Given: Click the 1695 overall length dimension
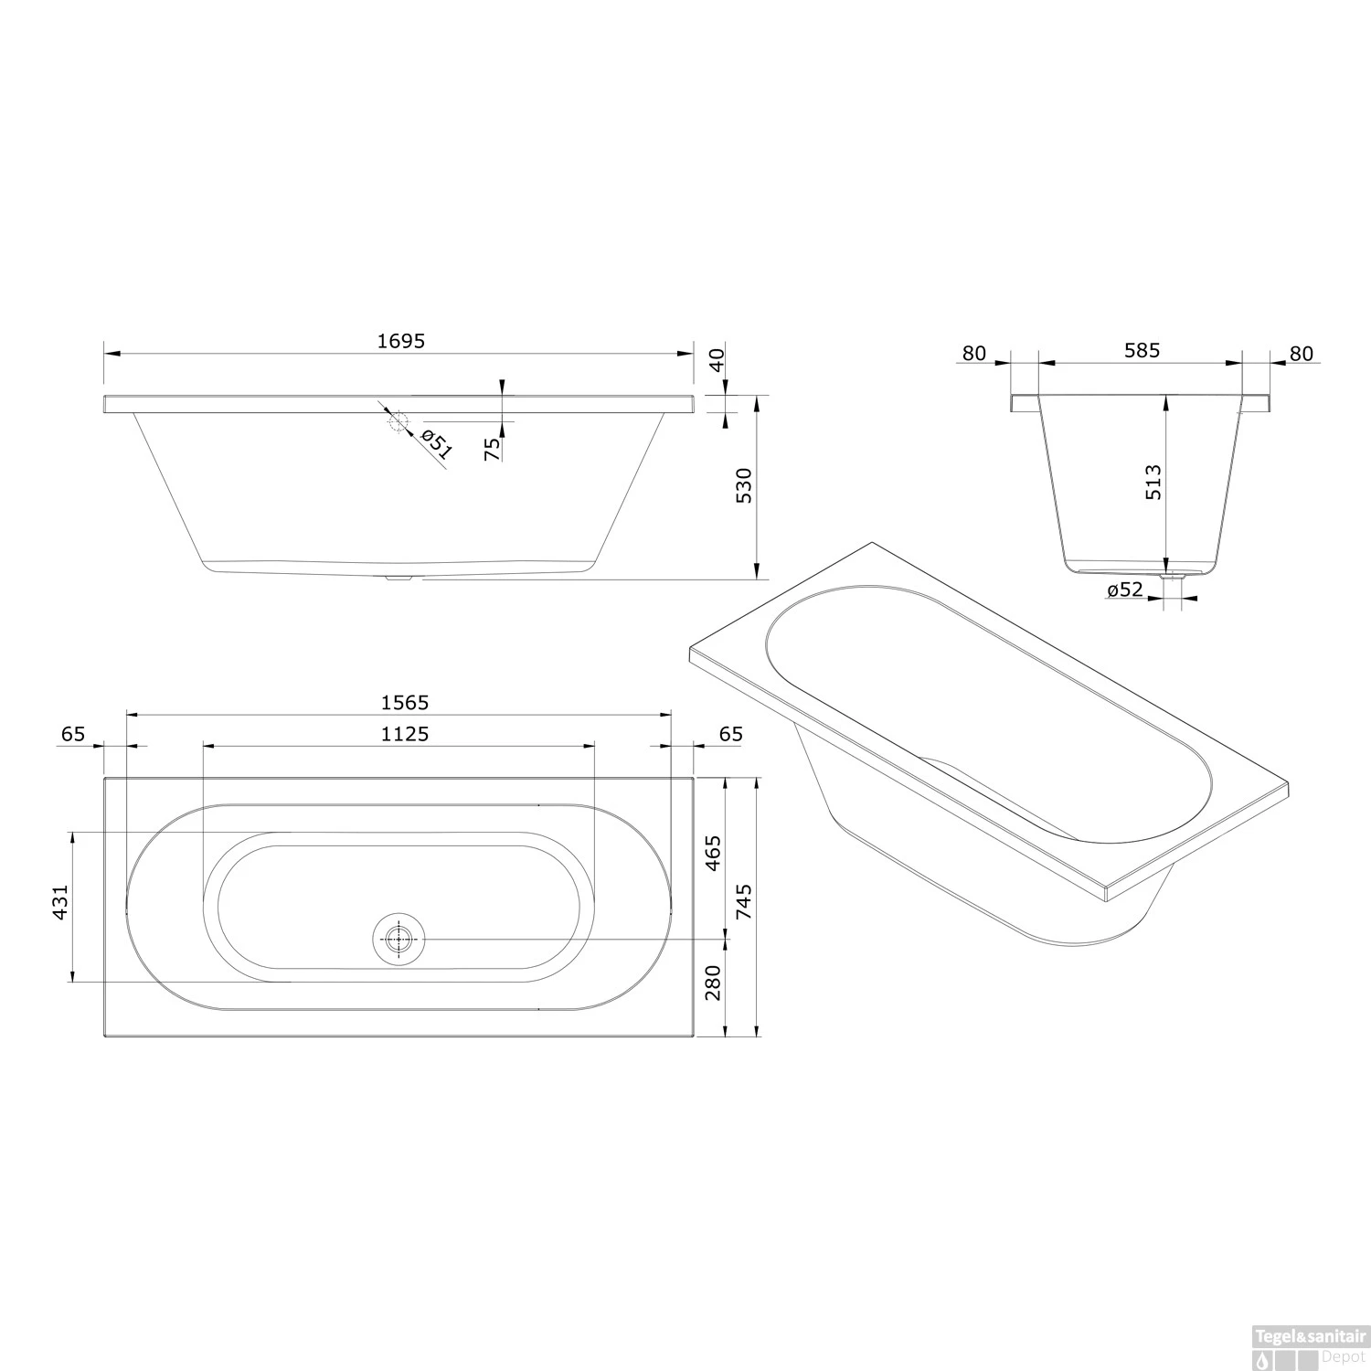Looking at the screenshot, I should point(401,341).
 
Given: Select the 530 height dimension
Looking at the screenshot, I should point(745,485).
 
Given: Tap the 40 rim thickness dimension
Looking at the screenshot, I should point(717,358).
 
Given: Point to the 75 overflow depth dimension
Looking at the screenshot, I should point(493,448).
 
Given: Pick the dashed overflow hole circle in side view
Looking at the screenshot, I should point(398,420).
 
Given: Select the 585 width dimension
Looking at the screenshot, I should point(1142,350).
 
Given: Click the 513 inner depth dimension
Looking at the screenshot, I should point(1153,482).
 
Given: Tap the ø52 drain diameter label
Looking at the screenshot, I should point(1124,590).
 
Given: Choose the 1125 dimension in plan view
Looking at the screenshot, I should point(405,734).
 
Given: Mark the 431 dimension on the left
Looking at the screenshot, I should point(60,902).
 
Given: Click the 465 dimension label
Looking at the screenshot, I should point(714,852).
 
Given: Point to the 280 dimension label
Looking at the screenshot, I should point(714,983).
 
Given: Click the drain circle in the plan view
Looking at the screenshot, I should point(399,939).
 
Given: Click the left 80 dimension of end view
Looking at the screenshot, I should point(975,353).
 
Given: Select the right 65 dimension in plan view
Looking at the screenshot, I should point(731,734).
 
